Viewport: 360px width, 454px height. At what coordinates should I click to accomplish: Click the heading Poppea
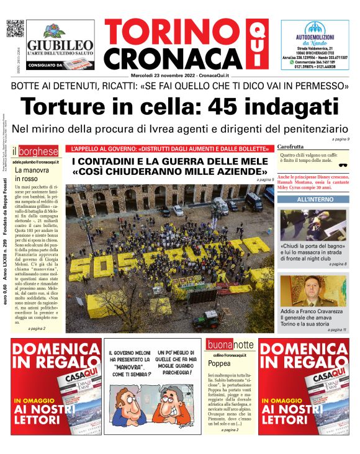(x=219, y=363)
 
